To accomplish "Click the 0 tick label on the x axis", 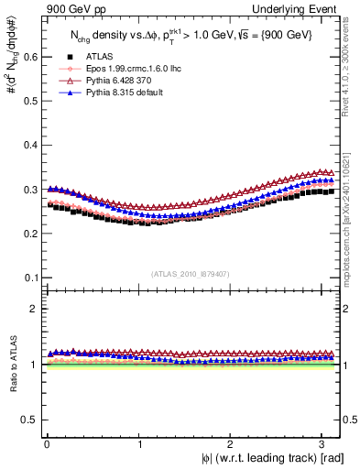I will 47,443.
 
